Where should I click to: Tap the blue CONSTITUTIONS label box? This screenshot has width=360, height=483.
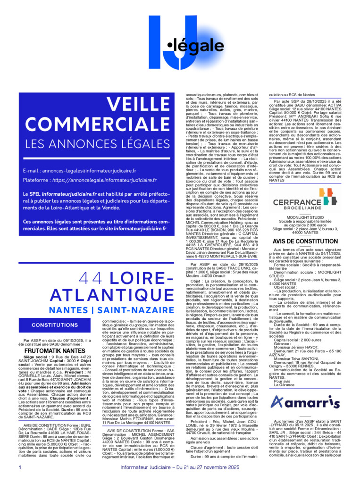click(x=61, y=325)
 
